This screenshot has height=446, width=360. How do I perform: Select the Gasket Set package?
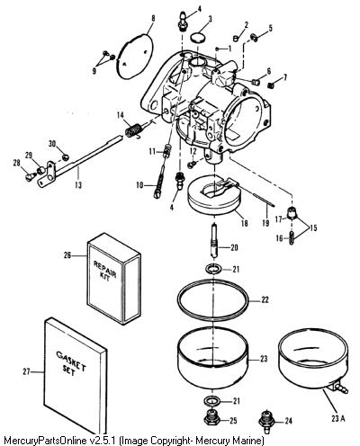click(x=76, y=375)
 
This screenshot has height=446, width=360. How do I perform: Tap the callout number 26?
click(x=67, y=255)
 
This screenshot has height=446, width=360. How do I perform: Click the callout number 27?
click(x=26, y=371)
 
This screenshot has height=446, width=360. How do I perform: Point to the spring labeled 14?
click(x=133, y=130)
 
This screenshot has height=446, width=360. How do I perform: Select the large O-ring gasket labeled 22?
click(x=213, y=300)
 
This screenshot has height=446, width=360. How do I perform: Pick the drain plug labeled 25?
click(x=212, y=419)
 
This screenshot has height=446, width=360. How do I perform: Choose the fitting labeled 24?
click(x=265, y=421)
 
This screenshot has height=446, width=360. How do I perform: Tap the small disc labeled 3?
click(x=198, y=38)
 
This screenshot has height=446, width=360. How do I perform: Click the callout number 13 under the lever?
click(x=78, y=185)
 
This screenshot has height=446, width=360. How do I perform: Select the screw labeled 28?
click(x=29, y=177)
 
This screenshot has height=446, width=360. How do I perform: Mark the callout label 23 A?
click(x=338, y=418)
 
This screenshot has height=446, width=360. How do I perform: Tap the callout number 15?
click(x=313, y=227)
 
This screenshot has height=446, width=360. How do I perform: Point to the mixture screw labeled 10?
click(x=162, y=178)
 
